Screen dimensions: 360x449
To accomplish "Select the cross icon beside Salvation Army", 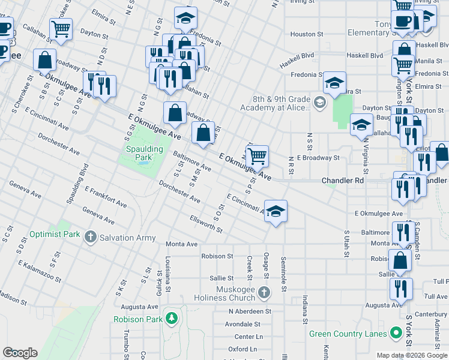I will coord(91,238).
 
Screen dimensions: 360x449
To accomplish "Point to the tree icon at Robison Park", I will coord(172,319).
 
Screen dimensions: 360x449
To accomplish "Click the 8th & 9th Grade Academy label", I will coord(275,103).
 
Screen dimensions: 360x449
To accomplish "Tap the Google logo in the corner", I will coord(20,353).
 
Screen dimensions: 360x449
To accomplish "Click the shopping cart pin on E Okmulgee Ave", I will coord(257,157).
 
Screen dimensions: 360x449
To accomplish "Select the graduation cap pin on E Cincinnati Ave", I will coord(276,212).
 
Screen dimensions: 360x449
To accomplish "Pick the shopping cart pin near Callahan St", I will coord(61,28).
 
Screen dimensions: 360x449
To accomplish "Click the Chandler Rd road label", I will coord(343,180).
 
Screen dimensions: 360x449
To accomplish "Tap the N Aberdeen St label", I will coord(250,311).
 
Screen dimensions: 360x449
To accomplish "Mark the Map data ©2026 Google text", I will coord(412,355).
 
